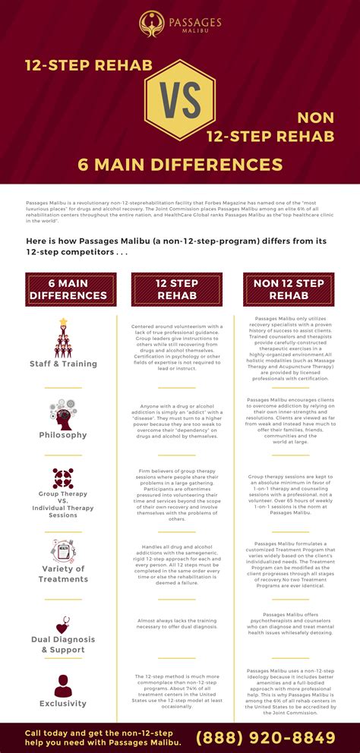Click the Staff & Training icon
click(63, 337)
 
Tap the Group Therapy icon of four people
click(63, 478)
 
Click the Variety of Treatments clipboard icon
click(63, 548)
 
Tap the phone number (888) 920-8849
click(266, 737)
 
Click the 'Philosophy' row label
click(63, 435)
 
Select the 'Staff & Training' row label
click(63, 364)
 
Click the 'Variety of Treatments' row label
click(63, 574)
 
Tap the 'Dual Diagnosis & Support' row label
click(63, 644)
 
